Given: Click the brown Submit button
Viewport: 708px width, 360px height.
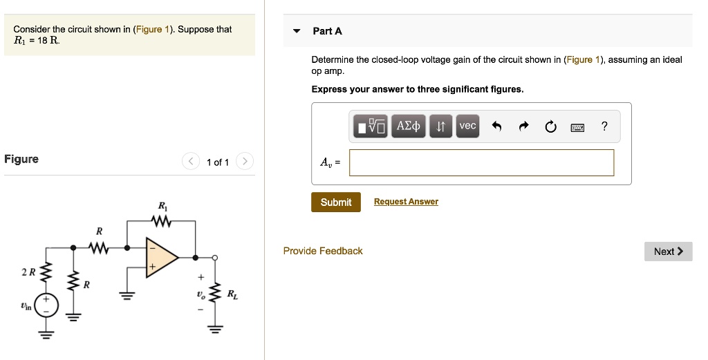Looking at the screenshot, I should coord(335,202).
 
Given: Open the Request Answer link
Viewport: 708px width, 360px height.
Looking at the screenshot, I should coord(406,202).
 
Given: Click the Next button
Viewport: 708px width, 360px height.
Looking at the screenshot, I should coord(668,252).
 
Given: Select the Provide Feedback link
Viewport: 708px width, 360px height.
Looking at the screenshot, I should coord(323,251).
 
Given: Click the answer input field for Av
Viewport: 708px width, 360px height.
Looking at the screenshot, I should coord(481,162).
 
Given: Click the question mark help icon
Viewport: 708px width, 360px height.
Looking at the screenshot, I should coord(604,126).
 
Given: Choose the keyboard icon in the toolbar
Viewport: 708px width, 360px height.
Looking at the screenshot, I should coord(577,126).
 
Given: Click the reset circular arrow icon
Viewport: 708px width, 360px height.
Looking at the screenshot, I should coord(550,126).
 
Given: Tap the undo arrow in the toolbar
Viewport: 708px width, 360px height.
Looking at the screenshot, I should coord(496,126).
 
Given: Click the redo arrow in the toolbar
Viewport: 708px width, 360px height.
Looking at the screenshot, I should coord(523,126).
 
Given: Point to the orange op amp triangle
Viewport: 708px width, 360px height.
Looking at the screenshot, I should coord(159,257).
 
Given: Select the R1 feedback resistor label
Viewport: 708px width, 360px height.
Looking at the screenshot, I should coord(162,206).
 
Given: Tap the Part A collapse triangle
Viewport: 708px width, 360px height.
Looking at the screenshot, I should coord(297,31).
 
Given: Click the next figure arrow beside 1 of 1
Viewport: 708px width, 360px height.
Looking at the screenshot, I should coord(245,162).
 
